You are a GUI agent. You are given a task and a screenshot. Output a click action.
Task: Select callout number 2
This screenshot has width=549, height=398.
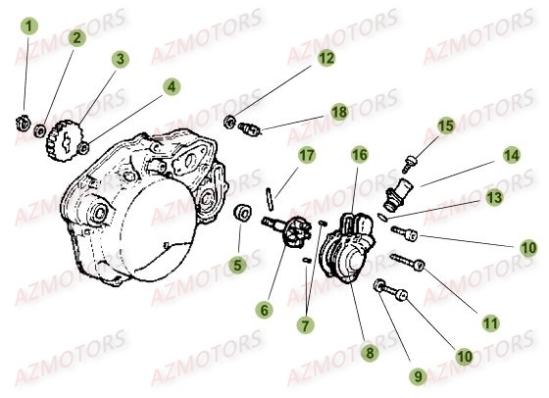76,38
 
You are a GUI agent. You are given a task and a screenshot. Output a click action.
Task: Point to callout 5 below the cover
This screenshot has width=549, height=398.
172,86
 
